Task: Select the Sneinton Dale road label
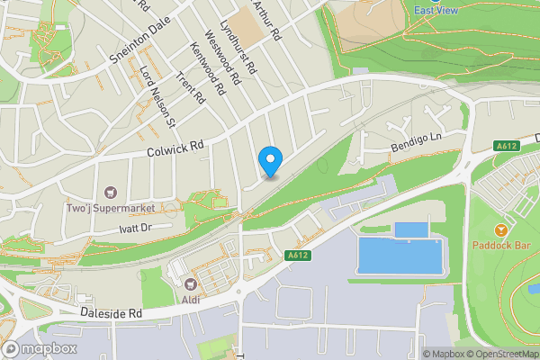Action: point(139,40)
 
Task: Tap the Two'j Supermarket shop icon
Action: point(112,191)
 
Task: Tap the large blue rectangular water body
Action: point(400,256)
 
